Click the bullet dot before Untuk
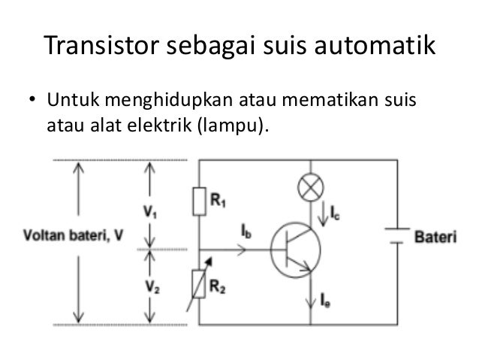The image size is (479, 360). pyautogui.click(x=33, y=101)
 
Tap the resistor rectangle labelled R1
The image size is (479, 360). pyautogui.click(x=199, y=201)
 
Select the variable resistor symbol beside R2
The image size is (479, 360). pyautogui.click(x=199, y=283)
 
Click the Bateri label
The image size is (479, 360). pyautogui.click(x=435, y=237)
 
